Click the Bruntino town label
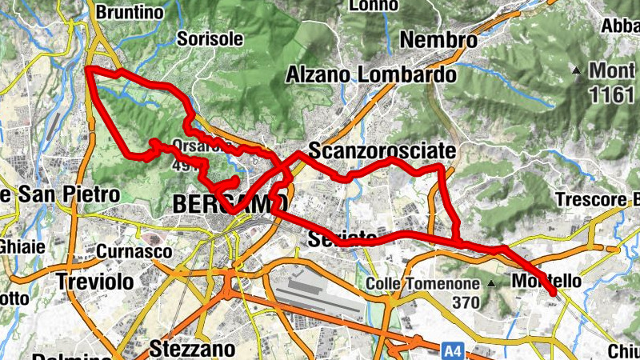[129, 12]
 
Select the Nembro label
[438, 39]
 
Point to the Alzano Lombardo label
[371, 75]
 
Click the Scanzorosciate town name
[382, 150]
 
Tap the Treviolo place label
[94, 281]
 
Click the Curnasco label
[134, 251]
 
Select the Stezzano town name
[192, 349]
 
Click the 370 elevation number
[464, 302]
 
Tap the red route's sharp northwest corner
[88, 71]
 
